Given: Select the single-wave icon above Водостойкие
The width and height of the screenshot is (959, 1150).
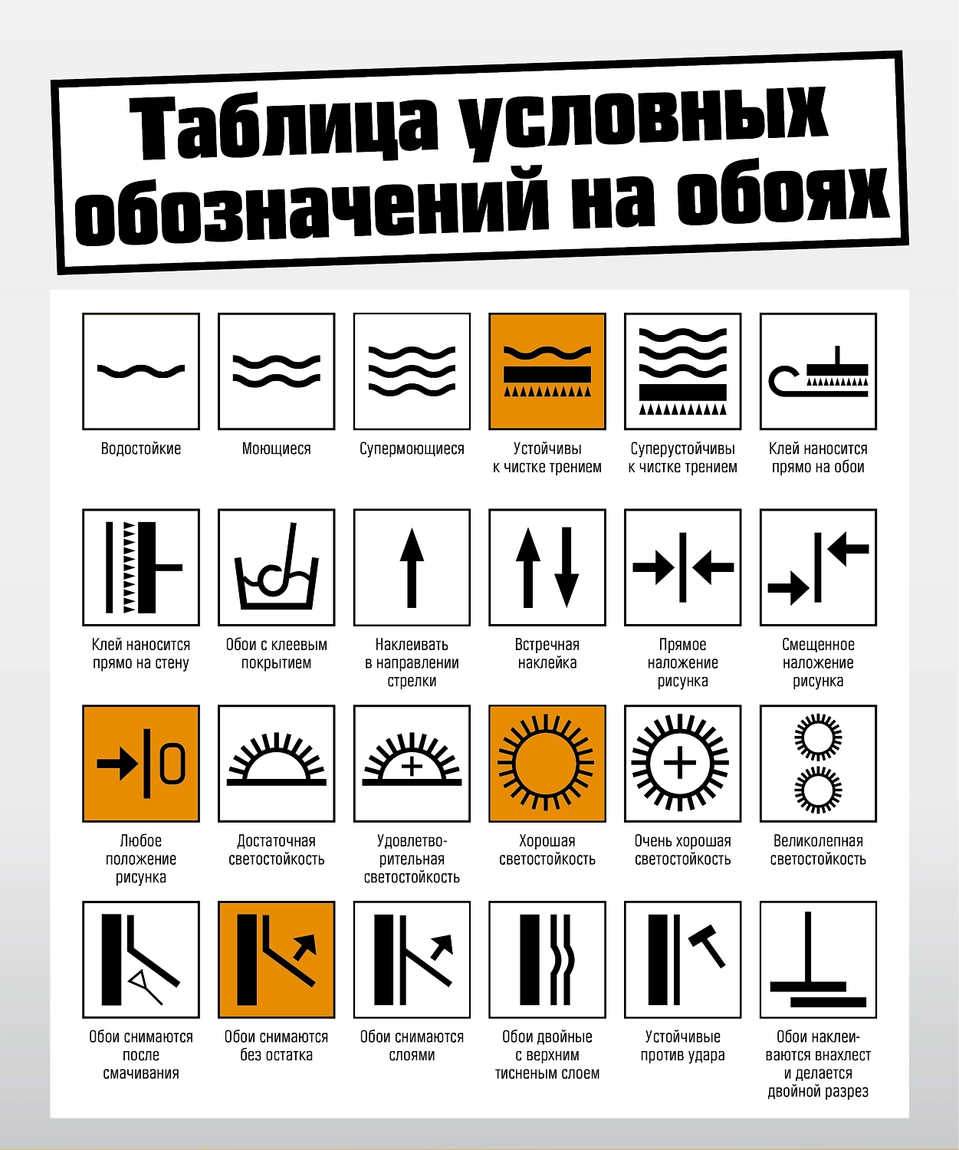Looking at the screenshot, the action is (x=141, y=371).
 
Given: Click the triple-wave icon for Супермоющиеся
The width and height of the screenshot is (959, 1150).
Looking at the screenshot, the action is (x=412, y=371).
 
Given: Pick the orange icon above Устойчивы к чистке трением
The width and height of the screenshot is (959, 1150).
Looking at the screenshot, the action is (x=547, y=371).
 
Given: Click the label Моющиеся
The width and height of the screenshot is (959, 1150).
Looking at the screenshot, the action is (x=277, y=449).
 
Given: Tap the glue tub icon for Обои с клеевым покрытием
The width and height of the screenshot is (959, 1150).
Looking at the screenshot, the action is (x=277, y=567).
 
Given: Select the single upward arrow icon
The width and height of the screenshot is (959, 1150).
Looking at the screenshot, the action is (x=412, y=567).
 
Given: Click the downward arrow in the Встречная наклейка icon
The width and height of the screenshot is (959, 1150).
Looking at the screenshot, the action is (x=567, y=567).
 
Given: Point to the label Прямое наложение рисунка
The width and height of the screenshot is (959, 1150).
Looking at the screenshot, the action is (x=683, y=662).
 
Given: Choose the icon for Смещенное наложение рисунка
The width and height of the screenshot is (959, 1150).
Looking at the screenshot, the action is (x=819, y=567).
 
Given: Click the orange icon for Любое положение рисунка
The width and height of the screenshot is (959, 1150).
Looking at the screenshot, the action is (x=141, y=764).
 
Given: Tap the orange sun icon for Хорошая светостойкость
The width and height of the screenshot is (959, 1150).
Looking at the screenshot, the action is (x=547, y=764).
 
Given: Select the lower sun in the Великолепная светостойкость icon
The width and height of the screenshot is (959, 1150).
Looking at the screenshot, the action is (x=819, y=790).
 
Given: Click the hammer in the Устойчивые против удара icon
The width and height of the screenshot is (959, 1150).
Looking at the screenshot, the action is (x=708, y=946).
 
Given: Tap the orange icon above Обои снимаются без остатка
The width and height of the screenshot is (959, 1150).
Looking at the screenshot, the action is (x=277, y=959).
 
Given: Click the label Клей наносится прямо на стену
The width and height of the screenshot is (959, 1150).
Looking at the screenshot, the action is (x=141, y=654).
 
